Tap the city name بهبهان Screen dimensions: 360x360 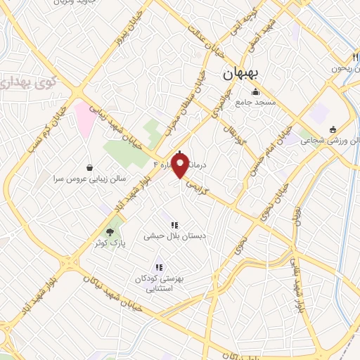point(241,73)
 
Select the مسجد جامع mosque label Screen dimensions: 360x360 point(255,103)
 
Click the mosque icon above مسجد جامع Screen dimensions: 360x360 point(255,91)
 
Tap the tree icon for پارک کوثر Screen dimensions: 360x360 point(110,231)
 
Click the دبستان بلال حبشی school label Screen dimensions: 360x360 point(174,237)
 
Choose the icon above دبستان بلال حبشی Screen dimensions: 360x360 point(174,225)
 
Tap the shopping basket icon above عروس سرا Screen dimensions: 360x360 point(90,167)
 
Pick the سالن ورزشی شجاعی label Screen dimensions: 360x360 point(330,141)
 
